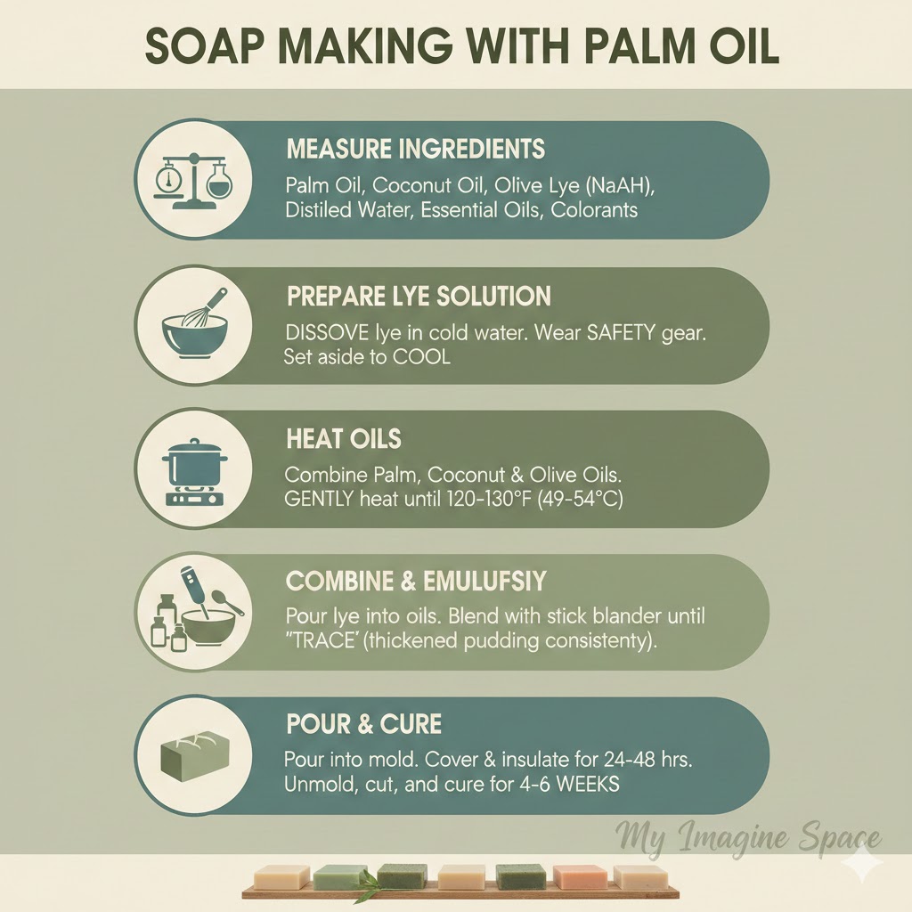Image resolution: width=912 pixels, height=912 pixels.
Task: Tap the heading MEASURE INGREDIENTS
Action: tap(416, 149)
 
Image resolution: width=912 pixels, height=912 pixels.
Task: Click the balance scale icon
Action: tap(193, 182)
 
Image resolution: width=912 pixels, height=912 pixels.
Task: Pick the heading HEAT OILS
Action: tap(344, 438)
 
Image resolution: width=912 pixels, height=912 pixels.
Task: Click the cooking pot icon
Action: tap(193, 472)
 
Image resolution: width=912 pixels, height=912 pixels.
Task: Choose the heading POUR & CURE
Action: tap(364, 724)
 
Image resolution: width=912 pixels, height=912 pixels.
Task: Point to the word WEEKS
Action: tap(588, 784)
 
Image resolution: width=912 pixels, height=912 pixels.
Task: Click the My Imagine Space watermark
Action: tap(748, 837)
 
